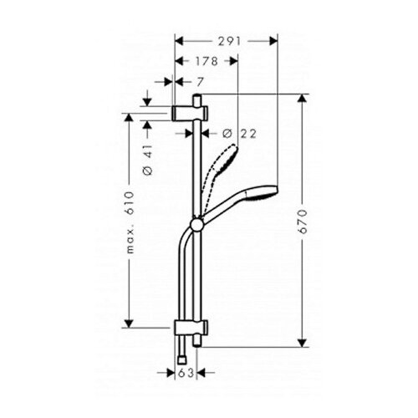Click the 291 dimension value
pos(229,42)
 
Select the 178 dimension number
pos(206,61)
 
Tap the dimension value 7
pos(200,82)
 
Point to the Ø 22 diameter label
pos(239,134)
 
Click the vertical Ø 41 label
pos(148,159)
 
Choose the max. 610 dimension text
pos(130,222)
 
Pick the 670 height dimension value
pos(303,221)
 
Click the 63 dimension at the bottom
pos(186,373)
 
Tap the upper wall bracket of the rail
pos(190,113)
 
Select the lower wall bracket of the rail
pos(191,328)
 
